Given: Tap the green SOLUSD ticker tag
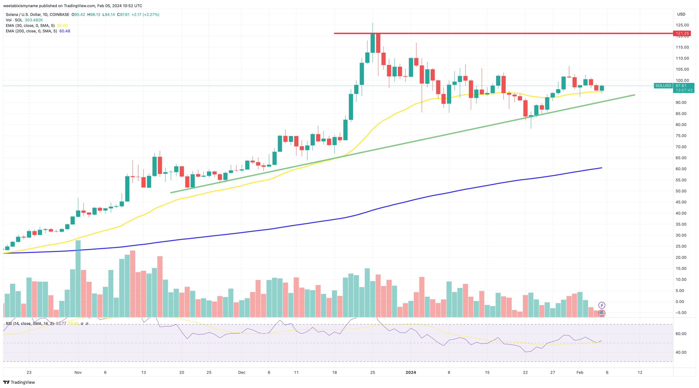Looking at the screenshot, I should coord(663,86).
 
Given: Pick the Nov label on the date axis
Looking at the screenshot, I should coord(78,372).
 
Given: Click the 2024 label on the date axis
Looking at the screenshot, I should coord(411,372).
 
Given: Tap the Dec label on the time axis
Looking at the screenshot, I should coord(242,372).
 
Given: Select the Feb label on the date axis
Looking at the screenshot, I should coord(580,372).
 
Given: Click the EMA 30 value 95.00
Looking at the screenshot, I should coord(62,26).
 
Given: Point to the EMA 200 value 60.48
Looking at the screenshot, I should coord(65,31).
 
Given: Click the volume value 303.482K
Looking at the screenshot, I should coord(34,20).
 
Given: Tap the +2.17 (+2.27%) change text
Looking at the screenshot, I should coord(145,14).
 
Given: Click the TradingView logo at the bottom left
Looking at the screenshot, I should coord(19,382).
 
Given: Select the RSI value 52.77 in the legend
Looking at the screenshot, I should coord(61,323).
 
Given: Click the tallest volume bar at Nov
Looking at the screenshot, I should coord(78,278).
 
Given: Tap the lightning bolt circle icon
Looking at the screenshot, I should coord(602,305).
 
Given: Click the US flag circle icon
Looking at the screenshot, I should coord(602,313).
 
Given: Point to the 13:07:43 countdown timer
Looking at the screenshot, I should coord(684,90).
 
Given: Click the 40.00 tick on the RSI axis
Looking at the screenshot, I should coord(681,352).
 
